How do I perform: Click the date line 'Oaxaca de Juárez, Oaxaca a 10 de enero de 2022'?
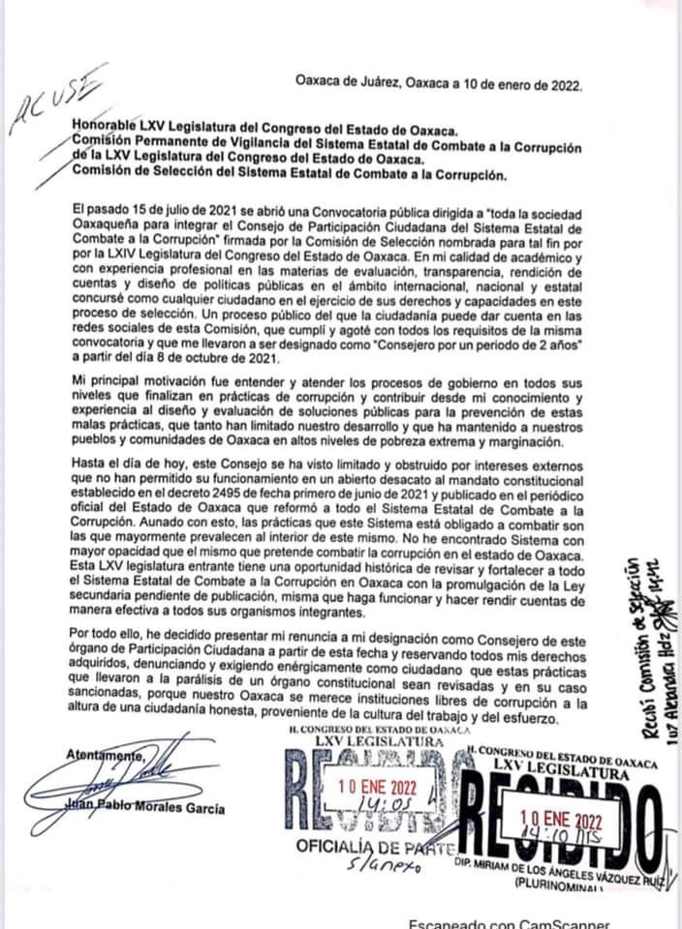(438, 83)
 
